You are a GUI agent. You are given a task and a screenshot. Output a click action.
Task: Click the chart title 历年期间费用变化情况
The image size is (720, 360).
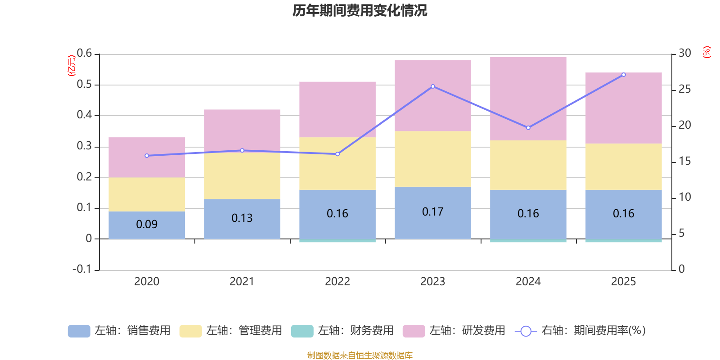tap(360, 10)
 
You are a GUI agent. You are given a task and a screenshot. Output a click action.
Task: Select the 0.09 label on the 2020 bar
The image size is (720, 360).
tap(147, 224)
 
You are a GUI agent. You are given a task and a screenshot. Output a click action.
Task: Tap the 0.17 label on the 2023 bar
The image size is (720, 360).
tap(432, 211)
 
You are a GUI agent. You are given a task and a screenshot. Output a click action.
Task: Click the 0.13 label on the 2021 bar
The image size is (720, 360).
tap(242, 218)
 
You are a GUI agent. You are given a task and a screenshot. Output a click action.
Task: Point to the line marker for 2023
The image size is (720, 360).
tap(433, 86)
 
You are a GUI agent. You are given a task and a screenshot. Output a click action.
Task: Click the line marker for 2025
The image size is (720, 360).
tap(623, 75)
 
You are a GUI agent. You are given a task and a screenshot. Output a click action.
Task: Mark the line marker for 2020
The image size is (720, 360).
tap(147, 156)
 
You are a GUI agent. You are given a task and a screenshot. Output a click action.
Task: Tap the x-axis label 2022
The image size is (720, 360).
tap(337, 282)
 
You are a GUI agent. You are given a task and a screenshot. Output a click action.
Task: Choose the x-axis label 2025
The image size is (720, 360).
tap(623, 282)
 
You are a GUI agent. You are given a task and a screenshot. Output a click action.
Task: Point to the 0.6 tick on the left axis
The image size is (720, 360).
tap(84, 53)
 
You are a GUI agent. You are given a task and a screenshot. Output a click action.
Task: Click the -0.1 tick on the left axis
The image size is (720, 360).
tap(82, 269)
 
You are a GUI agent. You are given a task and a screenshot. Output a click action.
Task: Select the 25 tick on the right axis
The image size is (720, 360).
tap(685, 89)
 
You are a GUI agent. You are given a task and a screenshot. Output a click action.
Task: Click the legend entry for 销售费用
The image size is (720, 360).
tap(120, 331)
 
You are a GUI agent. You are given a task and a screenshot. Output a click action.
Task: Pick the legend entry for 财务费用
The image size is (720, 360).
tap(343, 331)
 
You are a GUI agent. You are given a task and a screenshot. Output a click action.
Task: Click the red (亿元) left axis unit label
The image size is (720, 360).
tap(71, 66)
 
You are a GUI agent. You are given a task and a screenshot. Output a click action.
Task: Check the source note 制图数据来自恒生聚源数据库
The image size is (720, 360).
tap(360, 355)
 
